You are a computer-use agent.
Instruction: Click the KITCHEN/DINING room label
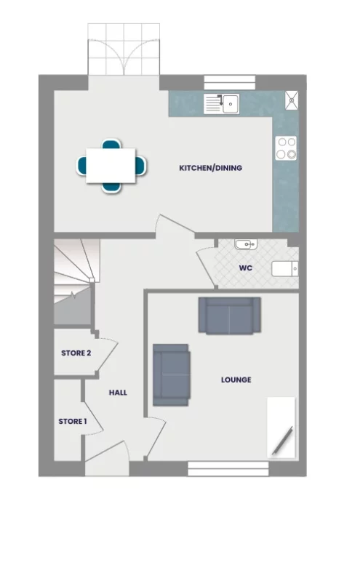coord(210,168)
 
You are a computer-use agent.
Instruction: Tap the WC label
coord(245,268)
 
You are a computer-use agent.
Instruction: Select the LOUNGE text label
coord(236,380)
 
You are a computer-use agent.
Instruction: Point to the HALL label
coord(118,393)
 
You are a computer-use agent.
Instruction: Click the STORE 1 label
coord(72,421)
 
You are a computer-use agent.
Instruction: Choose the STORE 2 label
coord(76,353)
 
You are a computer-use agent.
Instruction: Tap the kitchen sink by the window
coord(221,104)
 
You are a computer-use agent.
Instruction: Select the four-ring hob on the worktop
coord(286,148)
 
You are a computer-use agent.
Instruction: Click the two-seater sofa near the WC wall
coord(229,316)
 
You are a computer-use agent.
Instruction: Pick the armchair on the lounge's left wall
coord(171,374)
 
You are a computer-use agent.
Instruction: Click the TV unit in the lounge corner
coord(281,427)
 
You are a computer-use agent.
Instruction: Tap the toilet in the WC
coord(285,268)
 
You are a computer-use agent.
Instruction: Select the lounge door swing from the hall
coord(156,436)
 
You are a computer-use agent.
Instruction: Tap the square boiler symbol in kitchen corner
coord(292,99)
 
